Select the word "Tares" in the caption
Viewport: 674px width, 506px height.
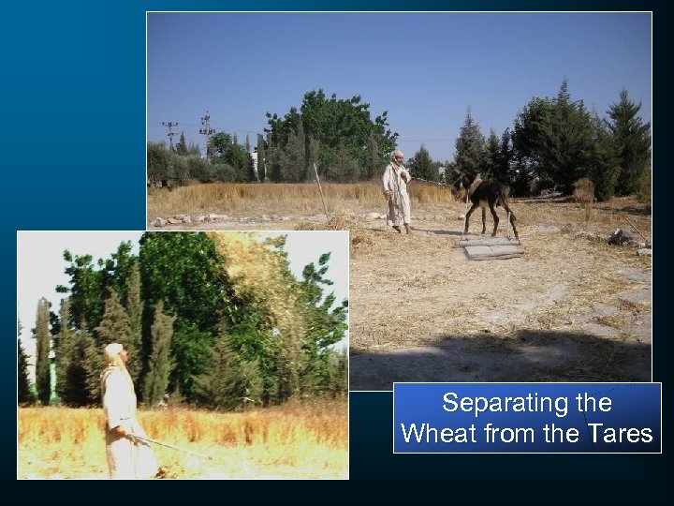tap(619, 434)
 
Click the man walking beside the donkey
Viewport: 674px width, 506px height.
tap(397, 191)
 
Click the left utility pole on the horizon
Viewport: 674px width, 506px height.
tap(169, 134)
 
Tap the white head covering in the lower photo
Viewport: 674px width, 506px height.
tap(112, 351)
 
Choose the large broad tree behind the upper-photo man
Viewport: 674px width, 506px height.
tap(328, 131)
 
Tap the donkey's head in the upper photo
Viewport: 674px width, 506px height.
tap(462, 187)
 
